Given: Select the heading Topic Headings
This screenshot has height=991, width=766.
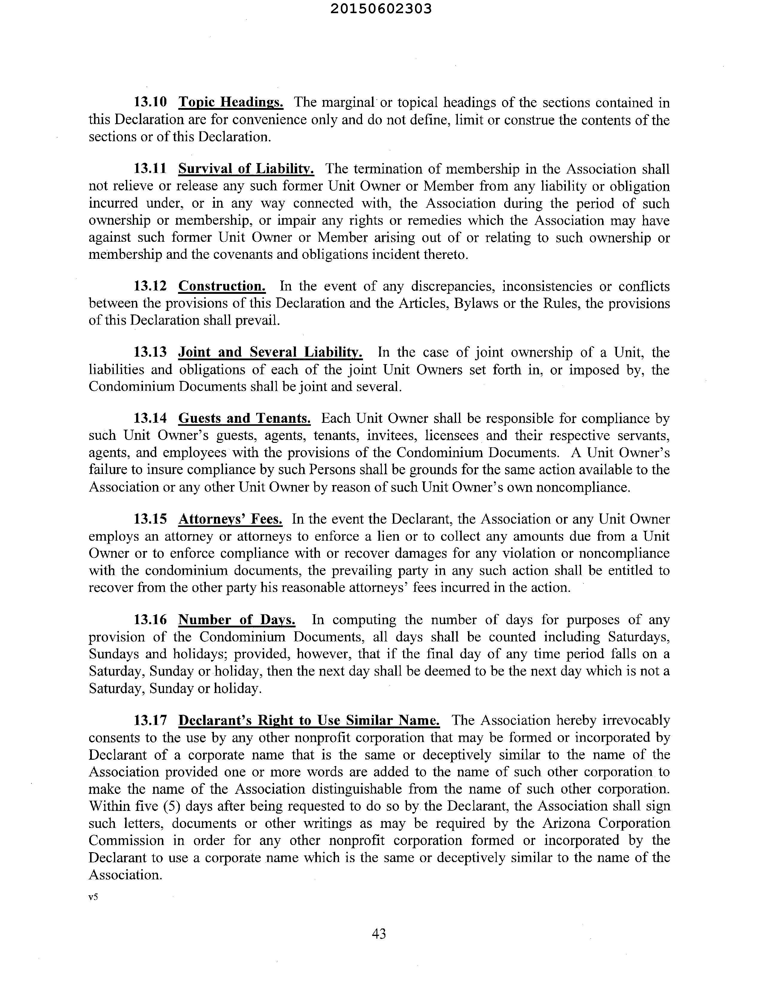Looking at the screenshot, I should (231, 103).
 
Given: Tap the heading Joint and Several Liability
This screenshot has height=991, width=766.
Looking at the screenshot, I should (270, 352).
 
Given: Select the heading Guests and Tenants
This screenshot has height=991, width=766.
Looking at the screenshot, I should (244, 418).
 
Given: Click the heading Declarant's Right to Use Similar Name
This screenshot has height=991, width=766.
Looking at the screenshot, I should (308, 720).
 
